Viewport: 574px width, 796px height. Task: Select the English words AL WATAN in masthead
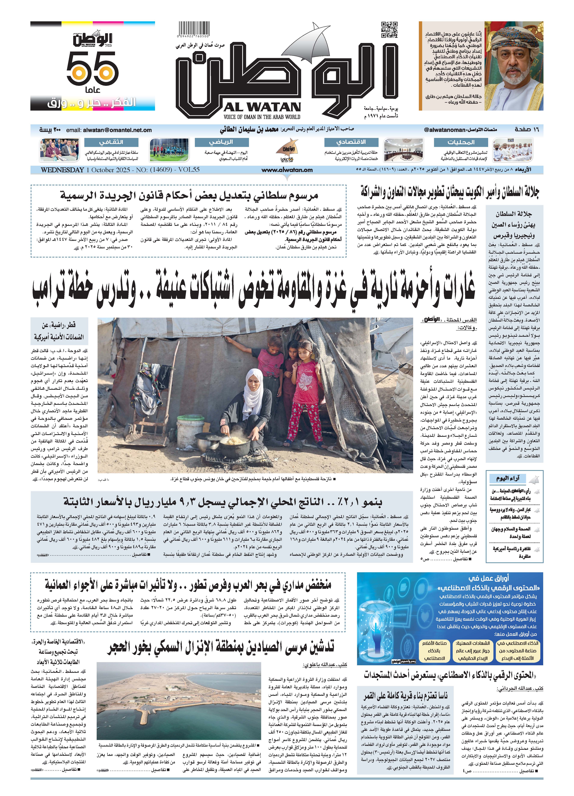[262, 107]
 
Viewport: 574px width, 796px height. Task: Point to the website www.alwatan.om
[287, 170]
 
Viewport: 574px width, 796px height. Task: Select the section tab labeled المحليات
[460, 142]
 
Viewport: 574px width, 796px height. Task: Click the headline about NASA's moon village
[405, 695]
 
